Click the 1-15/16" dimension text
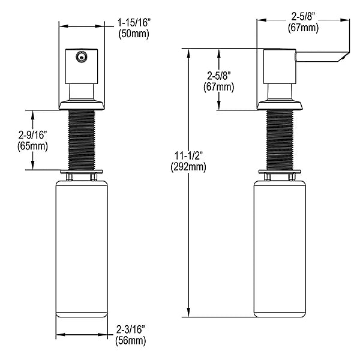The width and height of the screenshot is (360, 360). coord(134,23)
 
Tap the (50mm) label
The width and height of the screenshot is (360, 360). coord(134,34)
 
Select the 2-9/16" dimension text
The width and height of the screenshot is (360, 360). coord(32,135)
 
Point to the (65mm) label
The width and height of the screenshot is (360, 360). coord(32,146)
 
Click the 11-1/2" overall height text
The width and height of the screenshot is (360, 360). coord(189,155)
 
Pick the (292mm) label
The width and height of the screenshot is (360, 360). coord(188,167)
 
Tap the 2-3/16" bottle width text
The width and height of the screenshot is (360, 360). coord(131,329)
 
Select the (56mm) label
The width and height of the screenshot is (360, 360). coord(131,341)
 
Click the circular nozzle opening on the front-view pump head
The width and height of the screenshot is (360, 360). coord(80,56)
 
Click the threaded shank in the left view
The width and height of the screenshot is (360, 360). coord(82,140)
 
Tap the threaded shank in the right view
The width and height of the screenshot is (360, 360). coord(280,140)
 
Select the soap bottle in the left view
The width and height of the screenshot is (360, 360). coord(82,249)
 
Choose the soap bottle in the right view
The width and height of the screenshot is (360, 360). coord(280,249)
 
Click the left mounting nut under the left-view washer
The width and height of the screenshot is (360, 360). coord(69,177)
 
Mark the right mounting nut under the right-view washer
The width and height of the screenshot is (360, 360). coord(292,177)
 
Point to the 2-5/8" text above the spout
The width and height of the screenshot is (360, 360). coord(303,17)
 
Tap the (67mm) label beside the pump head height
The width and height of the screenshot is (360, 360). coord(219,87)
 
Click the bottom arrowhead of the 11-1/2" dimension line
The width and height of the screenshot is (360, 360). coord(189,313)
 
